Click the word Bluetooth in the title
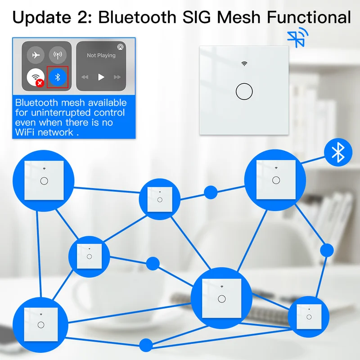pos(135,18)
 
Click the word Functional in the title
pos(308,18)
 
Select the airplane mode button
pos(36,55)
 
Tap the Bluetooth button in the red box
pos(58,77)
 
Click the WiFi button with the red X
pos(36,77)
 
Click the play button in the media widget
pos(101,77)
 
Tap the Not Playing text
pos(101,55)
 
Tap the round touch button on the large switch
pos(244,91)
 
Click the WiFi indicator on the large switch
pos(244,64)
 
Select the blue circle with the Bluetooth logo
pos(337,153)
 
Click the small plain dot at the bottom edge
pos(145,345)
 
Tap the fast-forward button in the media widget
pos(117,77)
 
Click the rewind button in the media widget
pos(85,77)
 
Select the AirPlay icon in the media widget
pos(121,46)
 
